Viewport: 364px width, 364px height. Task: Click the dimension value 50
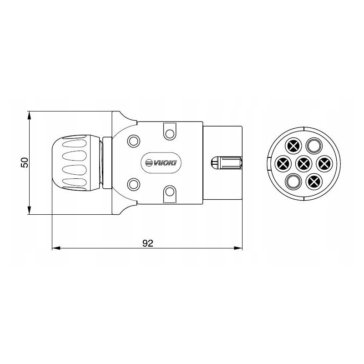point(25,162)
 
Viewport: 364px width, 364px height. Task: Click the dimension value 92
point(147,243)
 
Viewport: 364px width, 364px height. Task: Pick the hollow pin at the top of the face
point(313,146)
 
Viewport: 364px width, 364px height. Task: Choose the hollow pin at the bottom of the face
point(293,181)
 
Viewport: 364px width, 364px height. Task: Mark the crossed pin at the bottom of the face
point(313,181)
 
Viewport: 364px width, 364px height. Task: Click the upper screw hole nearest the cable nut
point(134,140)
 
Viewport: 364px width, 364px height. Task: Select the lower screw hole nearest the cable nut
point(134,184)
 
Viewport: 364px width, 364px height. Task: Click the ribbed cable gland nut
point(75,162)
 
